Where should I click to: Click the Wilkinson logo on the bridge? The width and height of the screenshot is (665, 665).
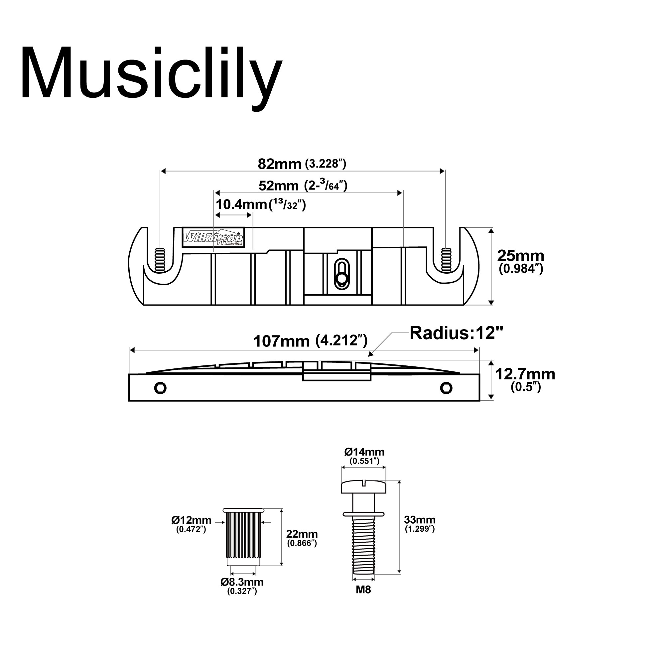click(213, 237)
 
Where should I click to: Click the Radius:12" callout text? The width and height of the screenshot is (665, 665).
click(457, 333)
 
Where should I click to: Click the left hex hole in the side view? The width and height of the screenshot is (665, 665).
click(160, 388)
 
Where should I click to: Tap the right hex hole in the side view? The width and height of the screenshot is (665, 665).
click(446, 388)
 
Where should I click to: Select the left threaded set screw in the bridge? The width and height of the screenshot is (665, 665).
click(160, 260)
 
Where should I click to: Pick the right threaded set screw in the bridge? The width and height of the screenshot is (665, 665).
click(446, 260)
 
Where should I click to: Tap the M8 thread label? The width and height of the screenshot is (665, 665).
click(363, 590)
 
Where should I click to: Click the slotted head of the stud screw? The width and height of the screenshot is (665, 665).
click(364, 486)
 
